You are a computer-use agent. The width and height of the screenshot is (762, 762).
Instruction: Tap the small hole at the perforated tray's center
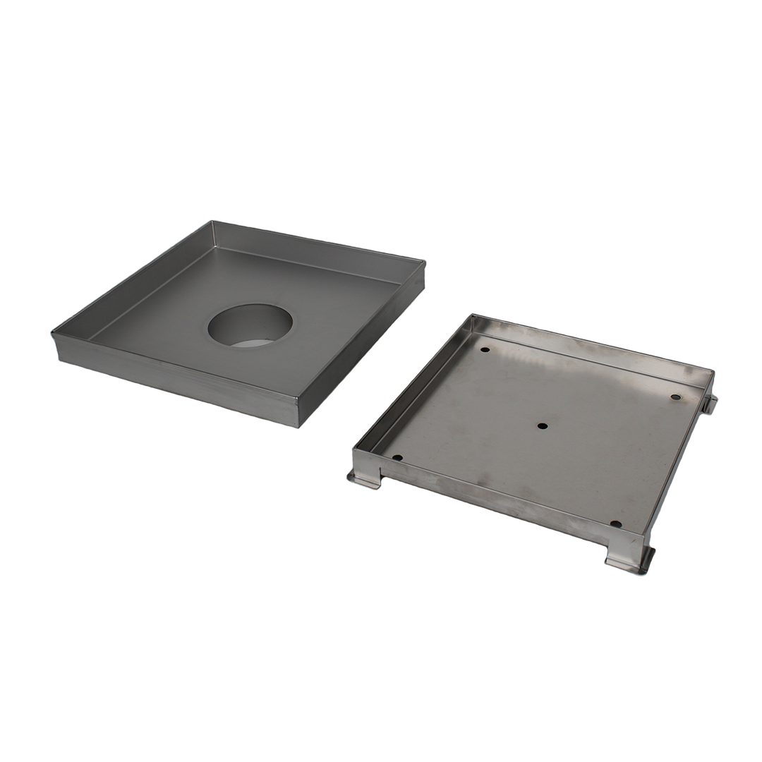pos(543,426)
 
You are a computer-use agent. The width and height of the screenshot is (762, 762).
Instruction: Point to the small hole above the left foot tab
pos(397,458)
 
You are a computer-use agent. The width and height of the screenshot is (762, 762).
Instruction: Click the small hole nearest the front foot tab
pos(615,524)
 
